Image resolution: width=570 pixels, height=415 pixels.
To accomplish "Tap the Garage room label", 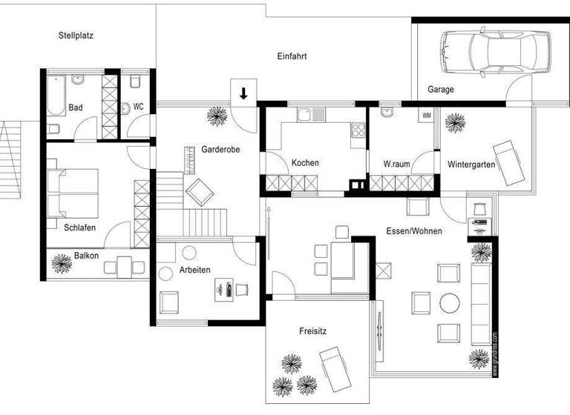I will pos(440,90).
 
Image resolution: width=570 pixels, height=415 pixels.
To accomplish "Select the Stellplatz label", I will pos(76,35).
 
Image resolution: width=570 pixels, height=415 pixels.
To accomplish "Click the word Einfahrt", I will pos(292,56).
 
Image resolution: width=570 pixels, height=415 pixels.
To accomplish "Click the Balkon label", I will pos(86,256).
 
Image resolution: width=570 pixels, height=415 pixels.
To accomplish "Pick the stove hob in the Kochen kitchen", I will pos(358,130).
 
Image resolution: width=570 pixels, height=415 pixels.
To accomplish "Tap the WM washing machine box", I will pos(426,116).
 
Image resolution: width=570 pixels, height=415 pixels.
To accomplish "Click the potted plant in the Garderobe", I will pos(217,116).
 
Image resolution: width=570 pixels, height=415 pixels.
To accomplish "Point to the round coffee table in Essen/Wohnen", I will pos(449,302).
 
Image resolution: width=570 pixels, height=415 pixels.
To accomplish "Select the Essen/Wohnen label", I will pos(413,231).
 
